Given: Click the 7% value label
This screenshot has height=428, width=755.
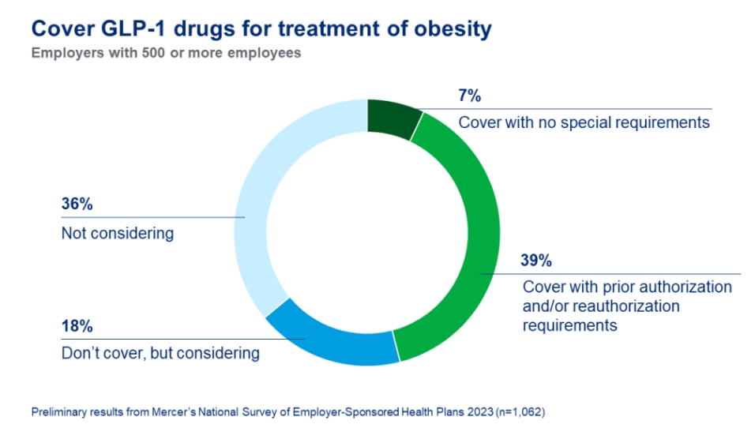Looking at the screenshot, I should tap(470, 97).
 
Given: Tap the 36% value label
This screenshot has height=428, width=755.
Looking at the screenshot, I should tap(77, 205).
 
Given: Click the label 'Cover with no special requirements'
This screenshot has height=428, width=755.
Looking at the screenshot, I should tap(584, 122).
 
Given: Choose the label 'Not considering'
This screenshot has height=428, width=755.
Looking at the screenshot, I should tap(117, 234).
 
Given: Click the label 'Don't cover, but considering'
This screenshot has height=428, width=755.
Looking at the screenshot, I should tap(160, 353).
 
